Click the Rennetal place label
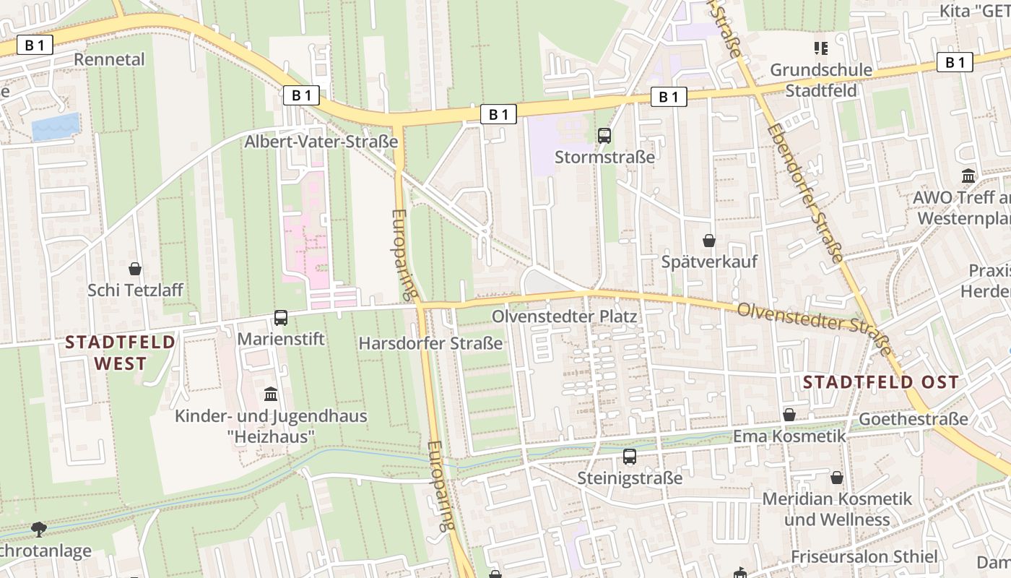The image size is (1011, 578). coord(109,59)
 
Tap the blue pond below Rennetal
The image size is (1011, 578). coord(55,126)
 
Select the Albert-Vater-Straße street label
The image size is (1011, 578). coord(321,141)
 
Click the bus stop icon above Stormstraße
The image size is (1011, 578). coord(604,135)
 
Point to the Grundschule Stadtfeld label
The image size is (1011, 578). coord(821,80)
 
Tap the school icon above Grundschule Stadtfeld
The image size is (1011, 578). coord(820,48)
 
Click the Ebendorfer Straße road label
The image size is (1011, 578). coord(804,191)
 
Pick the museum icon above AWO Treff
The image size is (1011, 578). coord(968,176)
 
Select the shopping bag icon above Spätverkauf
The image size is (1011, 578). coord(709,240)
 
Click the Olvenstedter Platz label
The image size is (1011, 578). coord(564,316)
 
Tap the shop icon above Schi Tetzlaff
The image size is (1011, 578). coord(135,269)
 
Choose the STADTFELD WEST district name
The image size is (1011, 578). coord(121,352)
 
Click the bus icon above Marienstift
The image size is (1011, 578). coord(281,317)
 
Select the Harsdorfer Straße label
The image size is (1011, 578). coord(430,343)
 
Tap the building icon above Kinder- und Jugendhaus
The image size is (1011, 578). coord(271,394)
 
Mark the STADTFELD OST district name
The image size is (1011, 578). coord(881,382)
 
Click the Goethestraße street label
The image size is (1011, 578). coord(913,419)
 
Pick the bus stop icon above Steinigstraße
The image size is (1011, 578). coord(630,457)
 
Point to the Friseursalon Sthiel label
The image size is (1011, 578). coord(864,556)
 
